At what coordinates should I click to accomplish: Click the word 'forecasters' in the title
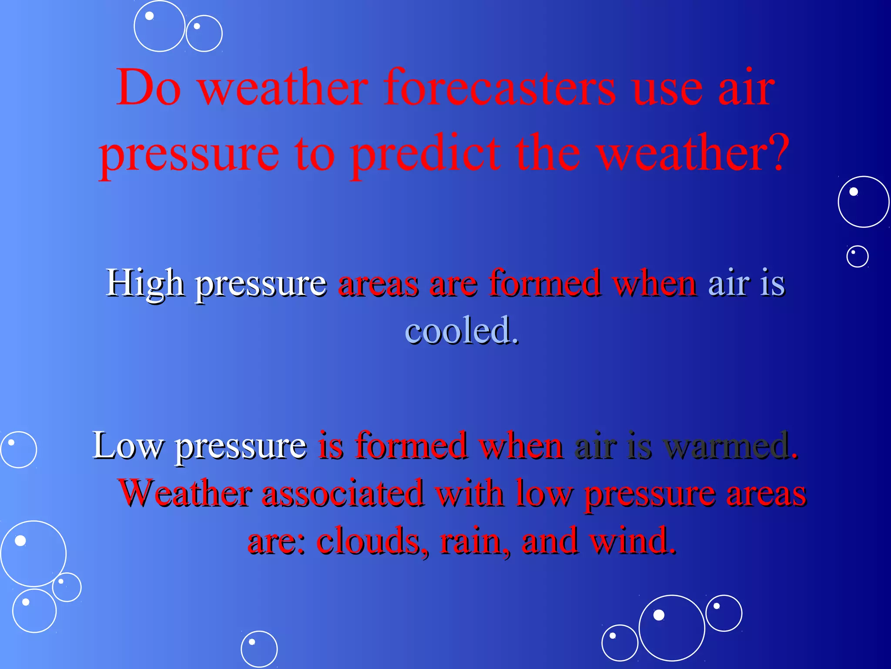point(499,88)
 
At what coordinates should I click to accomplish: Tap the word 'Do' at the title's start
point(148,88)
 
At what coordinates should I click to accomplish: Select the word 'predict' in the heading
point(425,155)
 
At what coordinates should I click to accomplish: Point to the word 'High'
point(145,284)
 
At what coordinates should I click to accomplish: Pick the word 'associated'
point(343,493)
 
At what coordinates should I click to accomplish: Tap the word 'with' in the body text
point(470,493)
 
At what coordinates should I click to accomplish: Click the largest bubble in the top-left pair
point(160,26)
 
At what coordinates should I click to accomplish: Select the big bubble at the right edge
point(863,202)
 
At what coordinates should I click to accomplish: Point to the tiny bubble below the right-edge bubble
point(857,256)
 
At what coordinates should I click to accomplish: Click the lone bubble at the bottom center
point(259,649)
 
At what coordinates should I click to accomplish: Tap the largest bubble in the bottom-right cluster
point(671,628)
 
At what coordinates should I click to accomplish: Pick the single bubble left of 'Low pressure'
point(18,449)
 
